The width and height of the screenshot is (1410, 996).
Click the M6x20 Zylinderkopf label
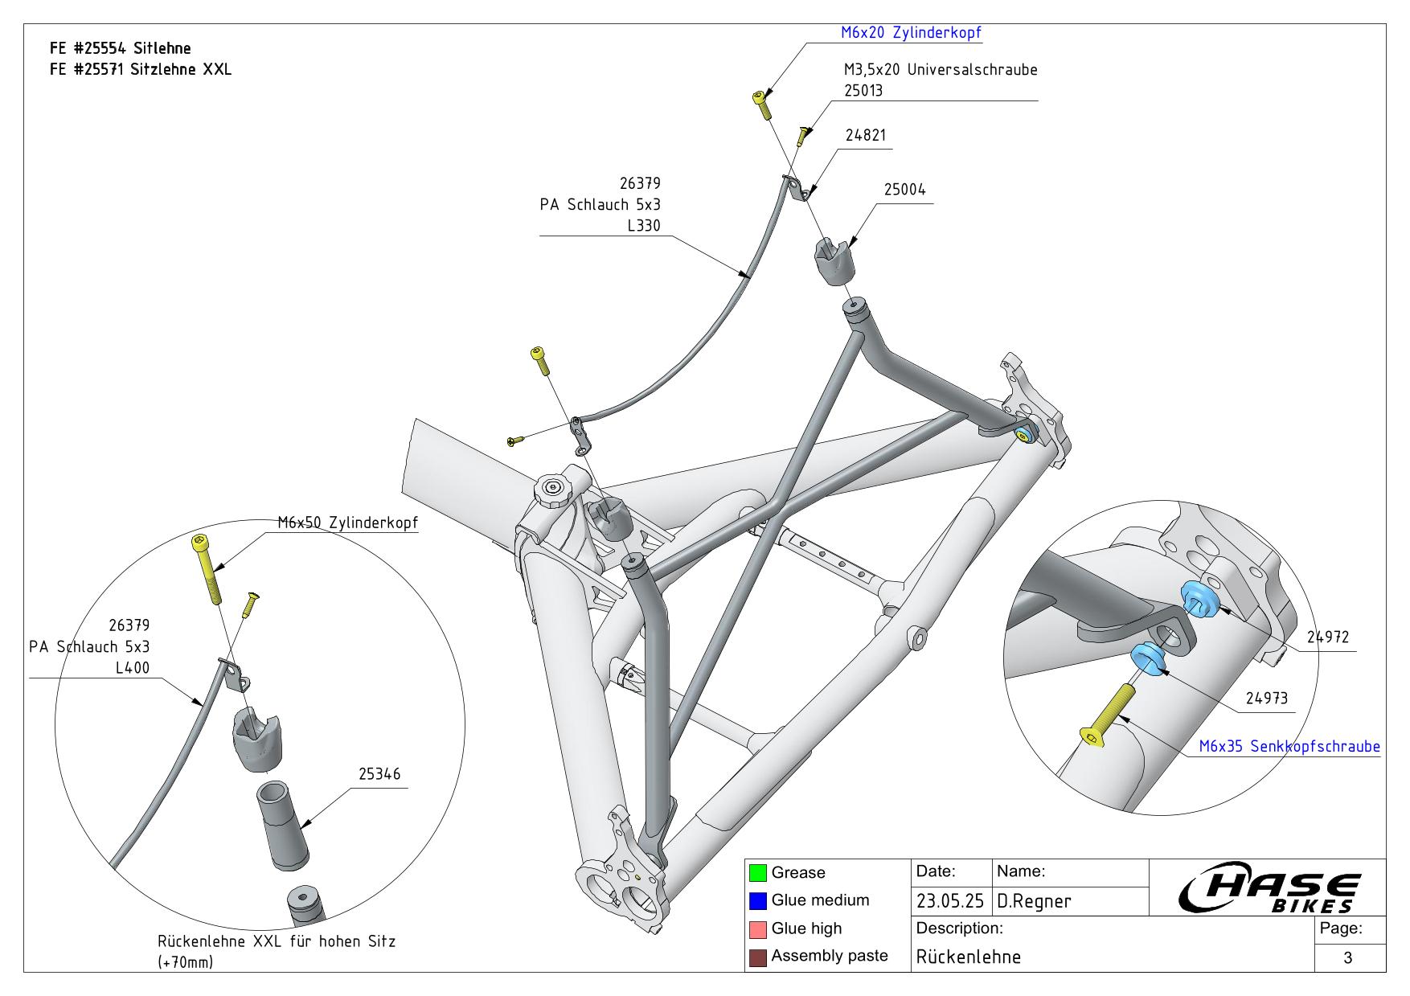pos(911,33)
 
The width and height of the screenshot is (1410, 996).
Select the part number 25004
pos(904,190)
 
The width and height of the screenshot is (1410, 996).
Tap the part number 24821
pos(865,135)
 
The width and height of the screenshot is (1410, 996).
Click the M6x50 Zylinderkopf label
pos(347,523)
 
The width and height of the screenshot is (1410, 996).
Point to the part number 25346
pos(379,774)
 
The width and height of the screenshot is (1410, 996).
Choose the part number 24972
pos(1327,637)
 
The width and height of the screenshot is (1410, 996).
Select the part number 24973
pos(1266,699)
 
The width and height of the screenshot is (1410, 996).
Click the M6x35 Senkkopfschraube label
pos(1289,746)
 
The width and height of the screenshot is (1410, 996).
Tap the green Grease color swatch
pos(757,873)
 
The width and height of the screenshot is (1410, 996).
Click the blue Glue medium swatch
pos(757,900)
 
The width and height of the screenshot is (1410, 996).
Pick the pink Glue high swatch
pos(757,928)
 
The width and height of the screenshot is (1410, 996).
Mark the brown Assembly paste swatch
pos(757,957)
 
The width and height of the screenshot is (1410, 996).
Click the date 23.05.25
pos(950,901)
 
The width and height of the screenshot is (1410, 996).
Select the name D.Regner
pos(1034,901)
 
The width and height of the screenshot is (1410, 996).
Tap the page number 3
pos(1348,957)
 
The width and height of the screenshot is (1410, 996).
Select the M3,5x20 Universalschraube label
pos(940,70)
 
